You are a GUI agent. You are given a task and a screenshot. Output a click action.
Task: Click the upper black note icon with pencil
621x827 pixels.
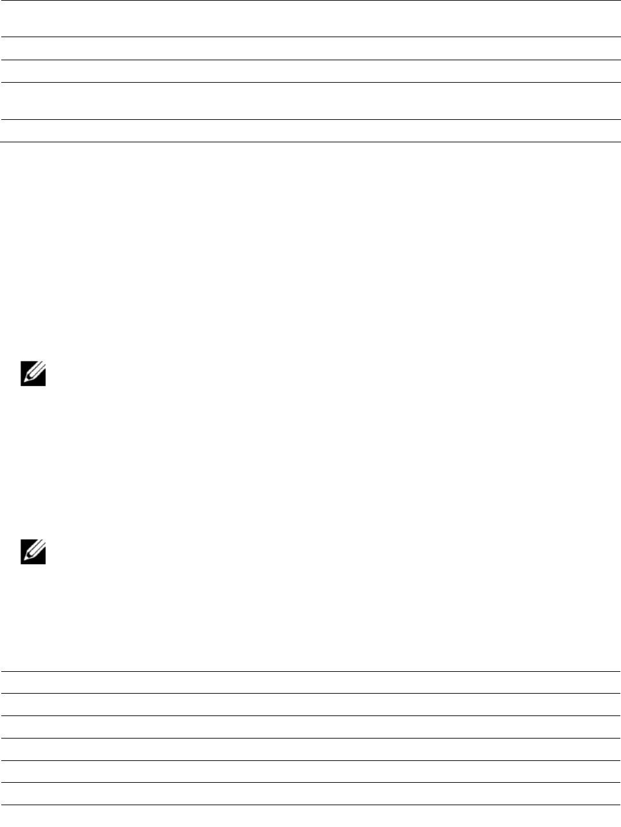[33, 374]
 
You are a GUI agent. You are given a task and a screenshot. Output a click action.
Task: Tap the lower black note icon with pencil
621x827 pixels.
[33, 552]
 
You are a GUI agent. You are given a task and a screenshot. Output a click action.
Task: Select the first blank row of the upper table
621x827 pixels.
[310, 19]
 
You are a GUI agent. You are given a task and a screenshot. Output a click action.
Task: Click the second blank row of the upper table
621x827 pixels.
[310, 49]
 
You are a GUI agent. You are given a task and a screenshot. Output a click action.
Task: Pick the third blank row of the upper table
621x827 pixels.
[310, 71]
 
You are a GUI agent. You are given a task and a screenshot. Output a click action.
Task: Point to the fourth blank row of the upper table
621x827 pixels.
[310, 101]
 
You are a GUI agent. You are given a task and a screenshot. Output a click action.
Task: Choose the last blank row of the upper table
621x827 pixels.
[310, 131]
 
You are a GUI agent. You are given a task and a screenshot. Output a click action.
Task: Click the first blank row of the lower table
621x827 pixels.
[310, 682]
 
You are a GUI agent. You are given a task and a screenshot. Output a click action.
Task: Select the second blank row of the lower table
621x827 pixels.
[310, 705]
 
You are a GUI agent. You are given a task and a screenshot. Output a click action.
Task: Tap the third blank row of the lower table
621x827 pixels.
[310, 727]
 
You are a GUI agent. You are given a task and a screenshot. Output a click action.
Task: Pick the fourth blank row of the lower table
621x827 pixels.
[310, 749]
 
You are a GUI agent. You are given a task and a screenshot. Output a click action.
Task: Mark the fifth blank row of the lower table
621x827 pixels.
[310, 772]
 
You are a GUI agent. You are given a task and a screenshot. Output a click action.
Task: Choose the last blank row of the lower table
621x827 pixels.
[310, 794]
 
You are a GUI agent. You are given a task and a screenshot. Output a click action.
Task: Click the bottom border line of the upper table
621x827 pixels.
[310, 142]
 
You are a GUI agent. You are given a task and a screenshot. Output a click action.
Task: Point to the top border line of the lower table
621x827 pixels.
[310, 671]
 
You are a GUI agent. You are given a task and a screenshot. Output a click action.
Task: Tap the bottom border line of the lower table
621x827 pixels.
[310, 805]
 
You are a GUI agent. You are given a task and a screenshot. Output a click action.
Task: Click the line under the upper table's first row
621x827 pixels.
[310, 37]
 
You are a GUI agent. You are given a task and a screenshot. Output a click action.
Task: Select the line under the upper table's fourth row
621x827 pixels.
[310, 119]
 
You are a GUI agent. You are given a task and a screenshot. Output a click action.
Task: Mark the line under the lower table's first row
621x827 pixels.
[310, 693]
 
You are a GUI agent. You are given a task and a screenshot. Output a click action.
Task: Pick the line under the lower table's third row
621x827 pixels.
[310, 738]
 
